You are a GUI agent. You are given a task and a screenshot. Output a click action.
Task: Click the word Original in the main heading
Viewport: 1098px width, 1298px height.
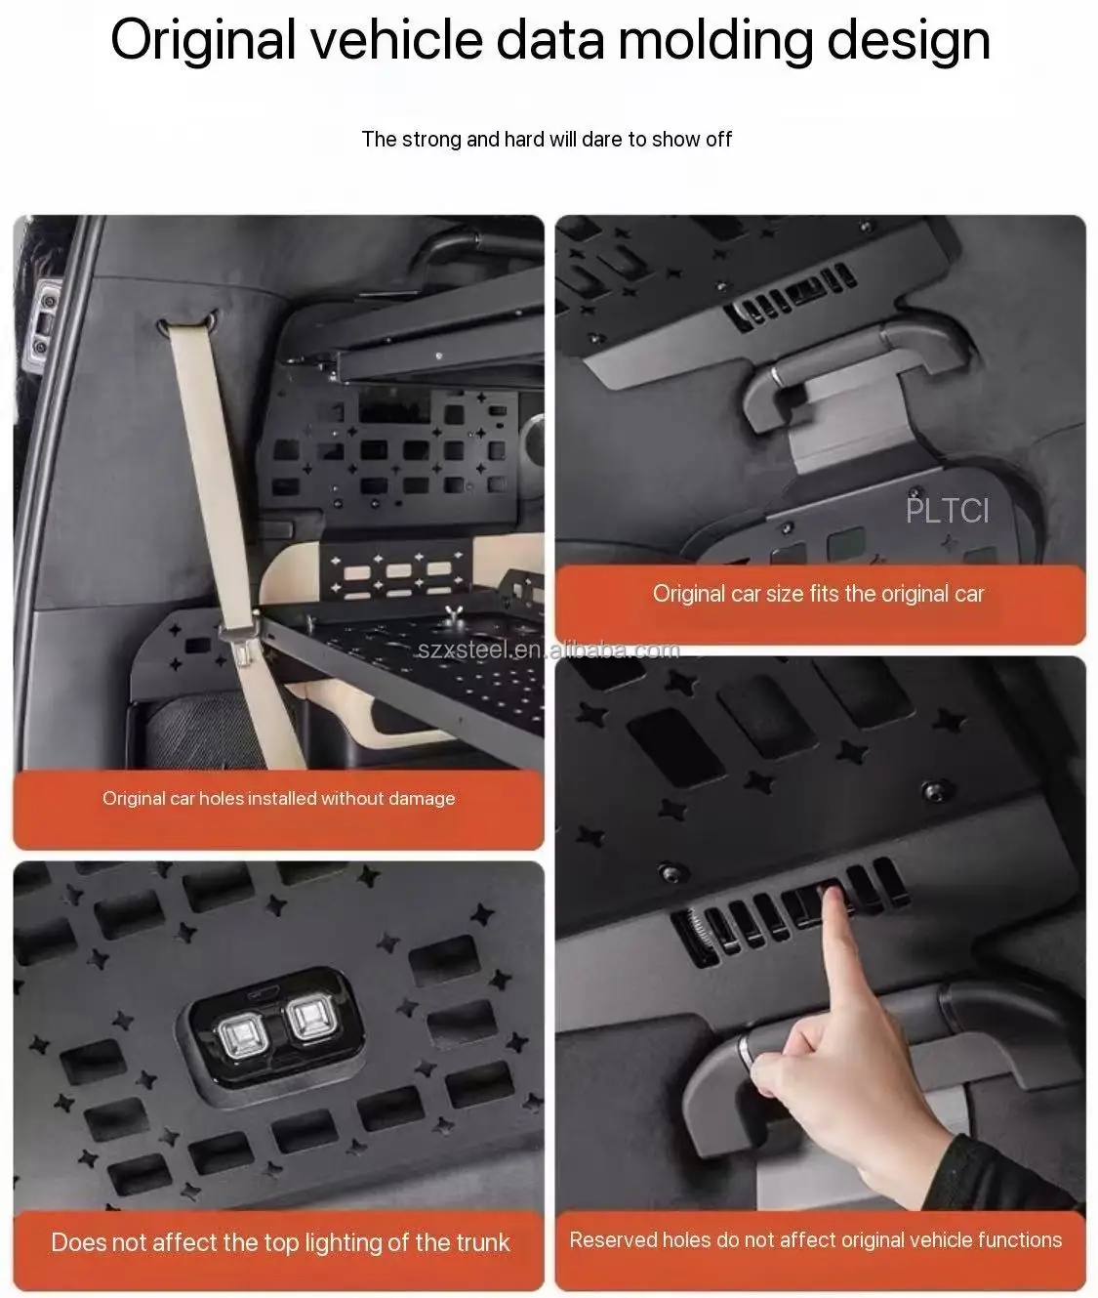(x=203, y=41)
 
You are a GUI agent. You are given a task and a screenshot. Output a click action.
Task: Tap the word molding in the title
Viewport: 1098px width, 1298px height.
(x=715, y=41)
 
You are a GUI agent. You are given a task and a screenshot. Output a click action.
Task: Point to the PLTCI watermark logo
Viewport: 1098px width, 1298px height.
(x=948, y=511)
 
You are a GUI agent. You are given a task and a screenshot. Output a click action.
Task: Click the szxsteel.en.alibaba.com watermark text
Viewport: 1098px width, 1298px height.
(x=549, y=649)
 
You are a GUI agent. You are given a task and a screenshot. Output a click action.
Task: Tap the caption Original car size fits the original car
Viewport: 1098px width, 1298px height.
(x=818, y=594)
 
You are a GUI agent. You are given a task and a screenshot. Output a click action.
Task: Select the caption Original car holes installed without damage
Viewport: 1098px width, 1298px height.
(x=278, y=798)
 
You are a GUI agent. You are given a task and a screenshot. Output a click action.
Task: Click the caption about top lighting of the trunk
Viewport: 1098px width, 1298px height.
(x=280, y=1242)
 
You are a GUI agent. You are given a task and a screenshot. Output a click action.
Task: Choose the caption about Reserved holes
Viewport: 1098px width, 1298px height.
(x=816, y=1240)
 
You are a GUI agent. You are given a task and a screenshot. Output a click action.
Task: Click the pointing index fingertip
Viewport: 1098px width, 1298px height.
(x=832, y=895)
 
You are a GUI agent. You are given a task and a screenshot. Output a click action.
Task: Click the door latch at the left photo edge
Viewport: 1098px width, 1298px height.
(x=43, y=322)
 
